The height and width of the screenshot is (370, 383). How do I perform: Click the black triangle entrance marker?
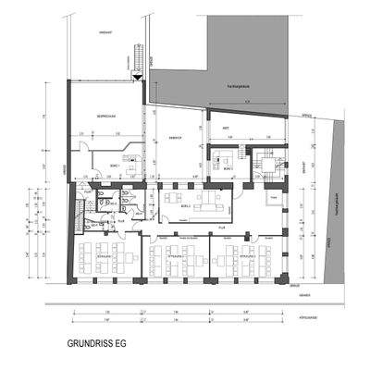pos(137,78)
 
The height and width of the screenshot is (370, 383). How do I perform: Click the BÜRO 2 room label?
pos(228,157)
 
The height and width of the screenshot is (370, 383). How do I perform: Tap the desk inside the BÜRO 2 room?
pos(225,166)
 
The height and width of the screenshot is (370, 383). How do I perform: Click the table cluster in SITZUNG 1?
pos(102,259)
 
